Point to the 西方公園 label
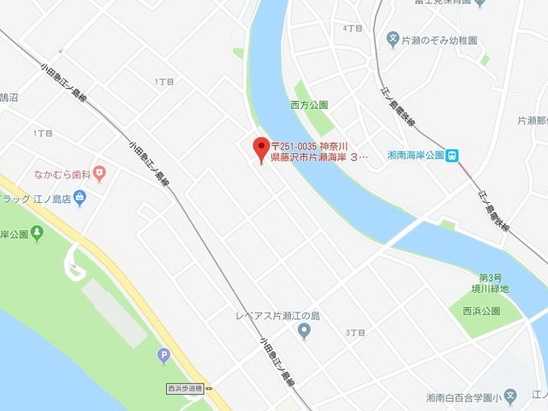(309, 105)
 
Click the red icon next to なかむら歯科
(100, 175)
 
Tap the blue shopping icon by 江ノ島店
(80, 199)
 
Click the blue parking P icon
(163, 355)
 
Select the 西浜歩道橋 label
(184, 389)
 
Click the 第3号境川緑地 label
(493, 283)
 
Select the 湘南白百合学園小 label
(462, 398)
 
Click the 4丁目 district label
(351, 27)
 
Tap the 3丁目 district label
(354, 331)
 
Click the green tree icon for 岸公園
(37, 233)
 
